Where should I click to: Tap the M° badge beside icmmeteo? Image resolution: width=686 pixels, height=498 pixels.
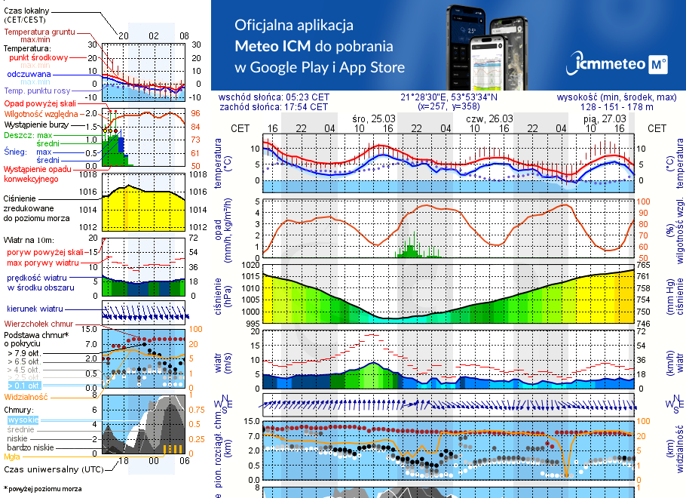tap(657, 66)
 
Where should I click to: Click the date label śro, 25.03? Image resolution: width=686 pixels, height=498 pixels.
tap(373, 118)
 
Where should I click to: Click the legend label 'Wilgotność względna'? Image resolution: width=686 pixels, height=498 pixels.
tap(38, 113)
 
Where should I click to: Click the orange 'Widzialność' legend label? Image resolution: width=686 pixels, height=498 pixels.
tap(26, 396)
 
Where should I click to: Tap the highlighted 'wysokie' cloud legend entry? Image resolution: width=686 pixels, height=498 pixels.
tap(22, 420)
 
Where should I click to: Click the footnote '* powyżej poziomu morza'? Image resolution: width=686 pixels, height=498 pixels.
tap(42, 489)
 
